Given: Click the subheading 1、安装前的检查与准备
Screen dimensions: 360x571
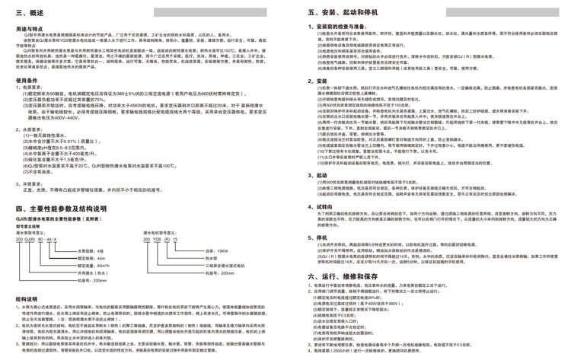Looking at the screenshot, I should [345, 27].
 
